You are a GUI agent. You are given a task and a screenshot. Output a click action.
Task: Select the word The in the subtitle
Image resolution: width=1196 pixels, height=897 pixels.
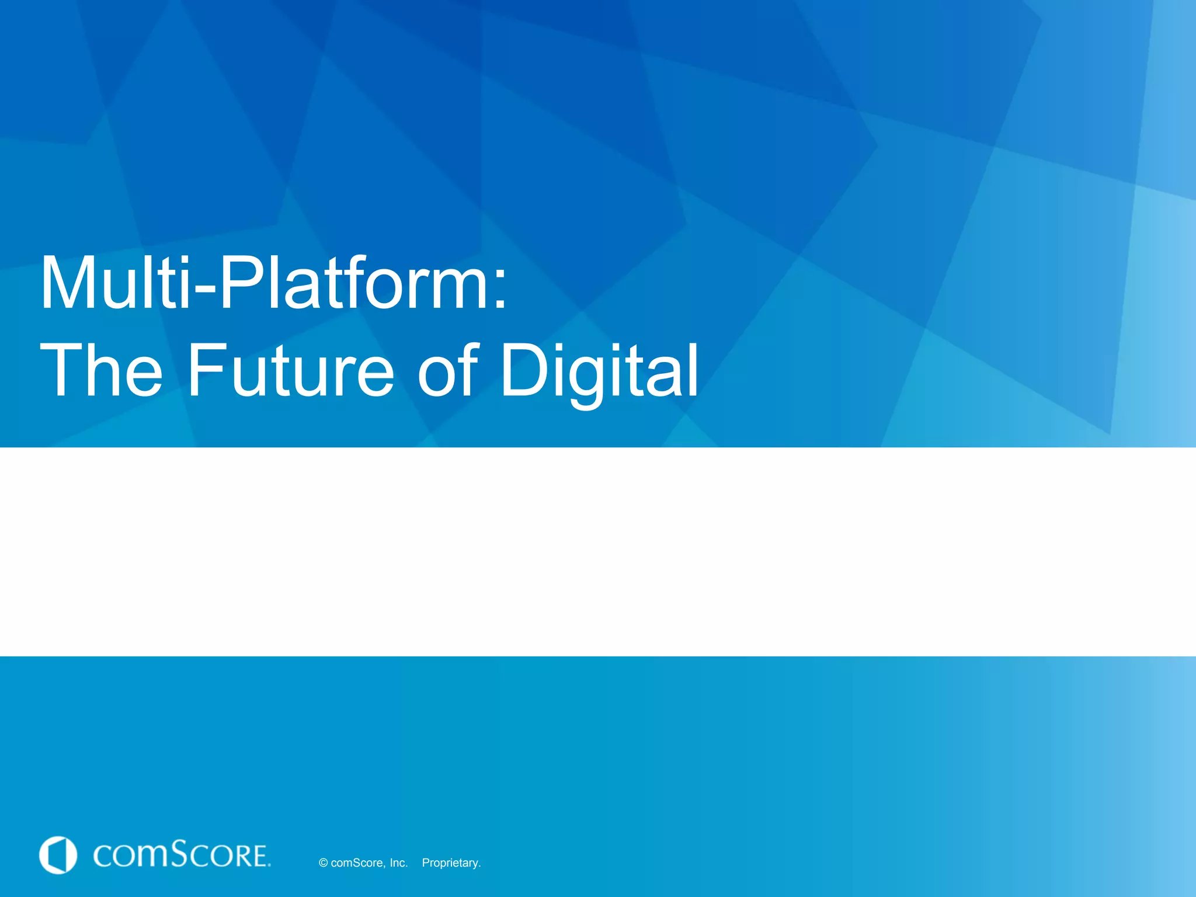[x=100, y=370]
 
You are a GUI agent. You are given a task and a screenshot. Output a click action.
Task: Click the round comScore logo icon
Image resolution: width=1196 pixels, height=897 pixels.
[x=58, y=855]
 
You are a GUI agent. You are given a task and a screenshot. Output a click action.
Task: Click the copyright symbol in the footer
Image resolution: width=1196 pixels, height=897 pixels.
[x=323, y=863]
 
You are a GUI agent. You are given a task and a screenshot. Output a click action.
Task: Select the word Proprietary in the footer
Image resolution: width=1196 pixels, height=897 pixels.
[x=451, y=863]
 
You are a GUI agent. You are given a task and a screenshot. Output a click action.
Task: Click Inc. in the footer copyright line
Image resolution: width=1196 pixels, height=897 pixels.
[x=398, y=863]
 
